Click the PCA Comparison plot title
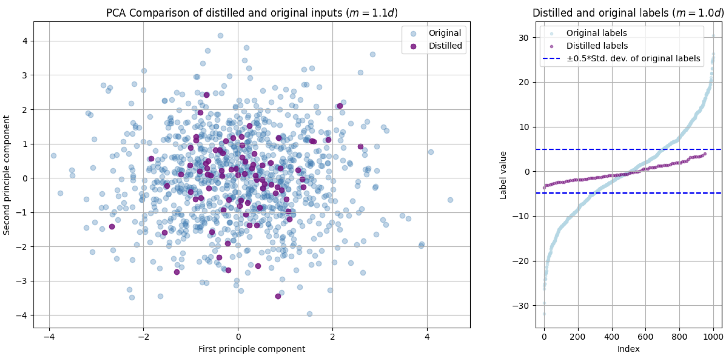click(x=252, y=13)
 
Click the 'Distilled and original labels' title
click(x=628, y=13)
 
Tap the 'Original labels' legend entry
click(x=596, y=33)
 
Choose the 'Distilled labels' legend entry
click(x=597, y=46)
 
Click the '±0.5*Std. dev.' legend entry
click(x=633, y=58)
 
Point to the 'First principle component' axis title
click(x=251, y=349)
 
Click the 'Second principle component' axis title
click(x=7, y=175)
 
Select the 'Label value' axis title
click(x=503, y=175)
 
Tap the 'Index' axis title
click(x=628, y=349)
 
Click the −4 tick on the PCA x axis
click(x=49, y=337)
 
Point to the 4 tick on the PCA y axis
click(x=25, y=41)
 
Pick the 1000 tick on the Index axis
click(x=713, y=337)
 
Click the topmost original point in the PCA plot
click(x=220, y=36)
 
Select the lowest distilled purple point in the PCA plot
click(x=278, y=296)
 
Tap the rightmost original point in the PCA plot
click(x=450, y=200)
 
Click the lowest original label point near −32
click(x=544, y=314)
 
